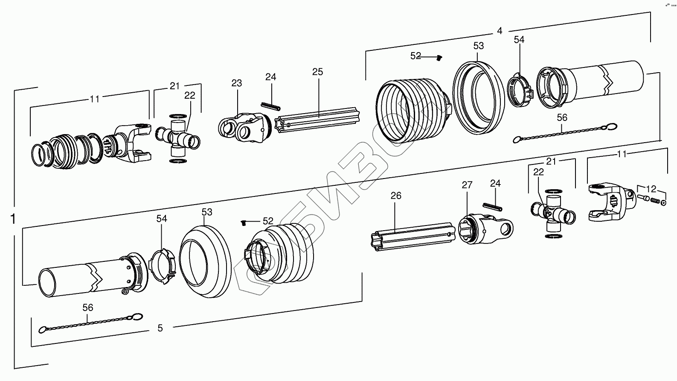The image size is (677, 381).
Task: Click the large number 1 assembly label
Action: (x=13, y=219)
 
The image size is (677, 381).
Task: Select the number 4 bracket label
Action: (x=500, y=31)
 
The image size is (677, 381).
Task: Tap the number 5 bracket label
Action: (x=160, y=328)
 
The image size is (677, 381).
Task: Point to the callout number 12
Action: (x=651, y=189)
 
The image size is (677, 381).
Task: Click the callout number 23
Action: (x=237, y=83)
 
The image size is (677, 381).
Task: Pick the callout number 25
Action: (x=317, y=72)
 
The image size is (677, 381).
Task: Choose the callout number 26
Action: (x=396, y=196)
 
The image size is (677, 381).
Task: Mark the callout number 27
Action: (x=467, y=185)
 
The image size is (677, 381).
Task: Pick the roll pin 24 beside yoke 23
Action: (x=270, y=105)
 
